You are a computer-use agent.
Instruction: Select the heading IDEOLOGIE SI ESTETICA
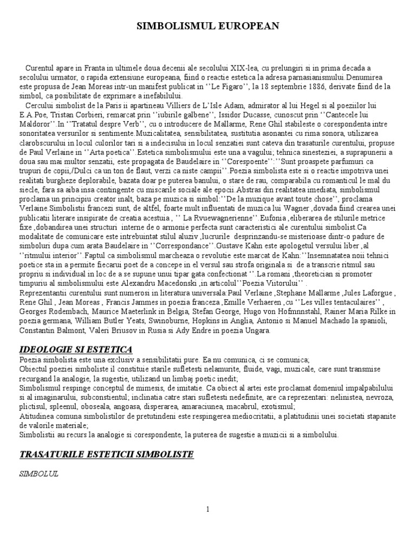coord(76,349)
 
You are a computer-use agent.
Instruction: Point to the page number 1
coord(208,509)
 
